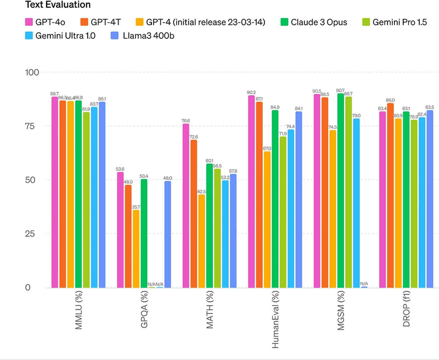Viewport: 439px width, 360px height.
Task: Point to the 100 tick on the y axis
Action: (x=31, y=72)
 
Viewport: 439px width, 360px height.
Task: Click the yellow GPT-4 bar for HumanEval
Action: (x=267, y=220)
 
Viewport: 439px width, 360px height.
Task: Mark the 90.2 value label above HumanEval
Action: (x=251, y=92)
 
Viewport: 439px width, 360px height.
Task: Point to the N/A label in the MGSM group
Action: (x=364, y=284)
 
